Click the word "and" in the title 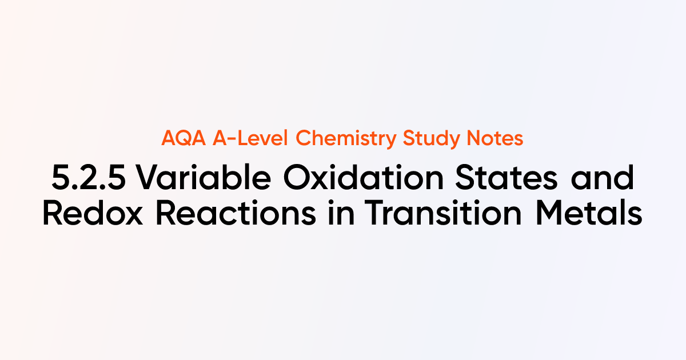[609, 179]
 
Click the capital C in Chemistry [304, 139]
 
